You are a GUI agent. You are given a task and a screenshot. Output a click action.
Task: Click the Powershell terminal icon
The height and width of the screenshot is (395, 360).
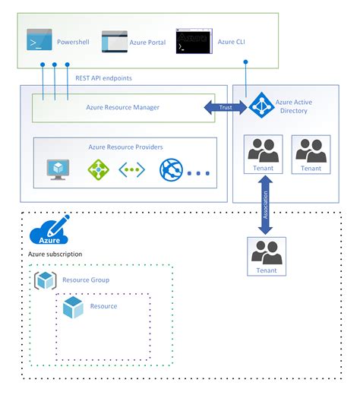[x=39, y=40]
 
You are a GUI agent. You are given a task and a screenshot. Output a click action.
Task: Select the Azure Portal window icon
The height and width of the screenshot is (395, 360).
[x=115, y=41]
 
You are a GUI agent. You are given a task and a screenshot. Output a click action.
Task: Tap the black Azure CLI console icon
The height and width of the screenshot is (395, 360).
[x=193, y=41]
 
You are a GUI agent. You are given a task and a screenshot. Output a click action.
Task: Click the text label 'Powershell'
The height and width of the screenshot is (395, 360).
[x=73, y=41]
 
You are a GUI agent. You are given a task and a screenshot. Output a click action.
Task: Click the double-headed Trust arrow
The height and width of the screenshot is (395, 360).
[x=225, y=108]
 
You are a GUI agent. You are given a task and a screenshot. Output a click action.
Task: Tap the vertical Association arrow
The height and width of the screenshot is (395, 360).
[x=265, y=203]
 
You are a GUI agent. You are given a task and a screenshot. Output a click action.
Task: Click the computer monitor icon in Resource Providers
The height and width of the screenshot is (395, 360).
[x=58, y=169]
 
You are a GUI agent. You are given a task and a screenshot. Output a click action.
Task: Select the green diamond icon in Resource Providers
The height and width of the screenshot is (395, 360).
[x=98, y=170]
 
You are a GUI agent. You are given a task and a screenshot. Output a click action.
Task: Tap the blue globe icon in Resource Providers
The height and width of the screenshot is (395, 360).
[x=171, y=171]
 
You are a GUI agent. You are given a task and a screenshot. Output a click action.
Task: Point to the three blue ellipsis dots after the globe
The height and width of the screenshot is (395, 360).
[x=198, y=173]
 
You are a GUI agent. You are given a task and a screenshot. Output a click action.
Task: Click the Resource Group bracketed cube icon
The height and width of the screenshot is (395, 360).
[x=45, y=280]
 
